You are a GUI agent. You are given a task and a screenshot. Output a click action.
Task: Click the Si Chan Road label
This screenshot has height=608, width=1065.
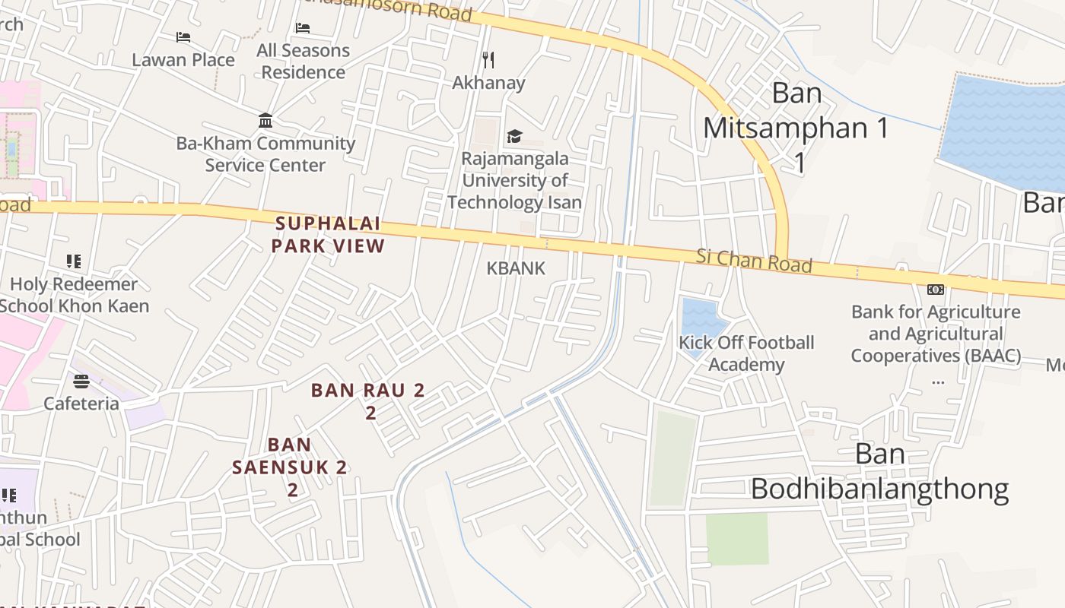754,261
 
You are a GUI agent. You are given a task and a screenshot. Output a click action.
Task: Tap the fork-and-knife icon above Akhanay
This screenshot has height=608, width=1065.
488,59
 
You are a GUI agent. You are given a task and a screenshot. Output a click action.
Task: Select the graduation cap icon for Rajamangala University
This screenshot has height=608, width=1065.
515,137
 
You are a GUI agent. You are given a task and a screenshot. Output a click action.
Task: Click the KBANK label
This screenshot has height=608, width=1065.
516,268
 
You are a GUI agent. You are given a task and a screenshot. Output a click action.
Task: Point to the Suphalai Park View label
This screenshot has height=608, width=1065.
328,235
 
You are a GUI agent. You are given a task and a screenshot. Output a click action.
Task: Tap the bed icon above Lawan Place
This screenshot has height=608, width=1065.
183,36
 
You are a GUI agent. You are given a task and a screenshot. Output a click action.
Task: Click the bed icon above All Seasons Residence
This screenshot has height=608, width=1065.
303,28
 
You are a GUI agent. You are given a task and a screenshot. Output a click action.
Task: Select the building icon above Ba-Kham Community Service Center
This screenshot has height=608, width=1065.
265,121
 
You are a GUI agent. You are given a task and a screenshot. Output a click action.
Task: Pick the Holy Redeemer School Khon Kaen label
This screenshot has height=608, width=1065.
74,295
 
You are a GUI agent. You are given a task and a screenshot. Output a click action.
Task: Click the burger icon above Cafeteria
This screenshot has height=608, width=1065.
81,381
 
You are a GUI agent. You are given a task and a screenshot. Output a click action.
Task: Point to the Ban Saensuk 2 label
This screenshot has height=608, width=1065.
290,466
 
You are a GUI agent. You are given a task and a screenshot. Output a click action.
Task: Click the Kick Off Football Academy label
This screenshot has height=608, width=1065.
746,353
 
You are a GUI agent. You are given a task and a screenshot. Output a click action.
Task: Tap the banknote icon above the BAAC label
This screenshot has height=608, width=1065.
936,289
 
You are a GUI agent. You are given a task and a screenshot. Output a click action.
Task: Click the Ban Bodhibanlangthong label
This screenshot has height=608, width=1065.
880,472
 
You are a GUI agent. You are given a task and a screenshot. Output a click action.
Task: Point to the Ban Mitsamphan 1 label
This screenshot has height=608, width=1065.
796,128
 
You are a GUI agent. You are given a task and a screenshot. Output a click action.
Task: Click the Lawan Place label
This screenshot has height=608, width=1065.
183,59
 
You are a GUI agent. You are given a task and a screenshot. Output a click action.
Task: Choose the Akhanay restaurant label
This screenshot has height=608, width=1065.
488,82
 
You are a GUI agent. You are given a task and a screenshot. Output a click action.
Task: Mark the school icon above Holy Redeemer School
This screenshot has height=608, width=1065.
74,261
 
